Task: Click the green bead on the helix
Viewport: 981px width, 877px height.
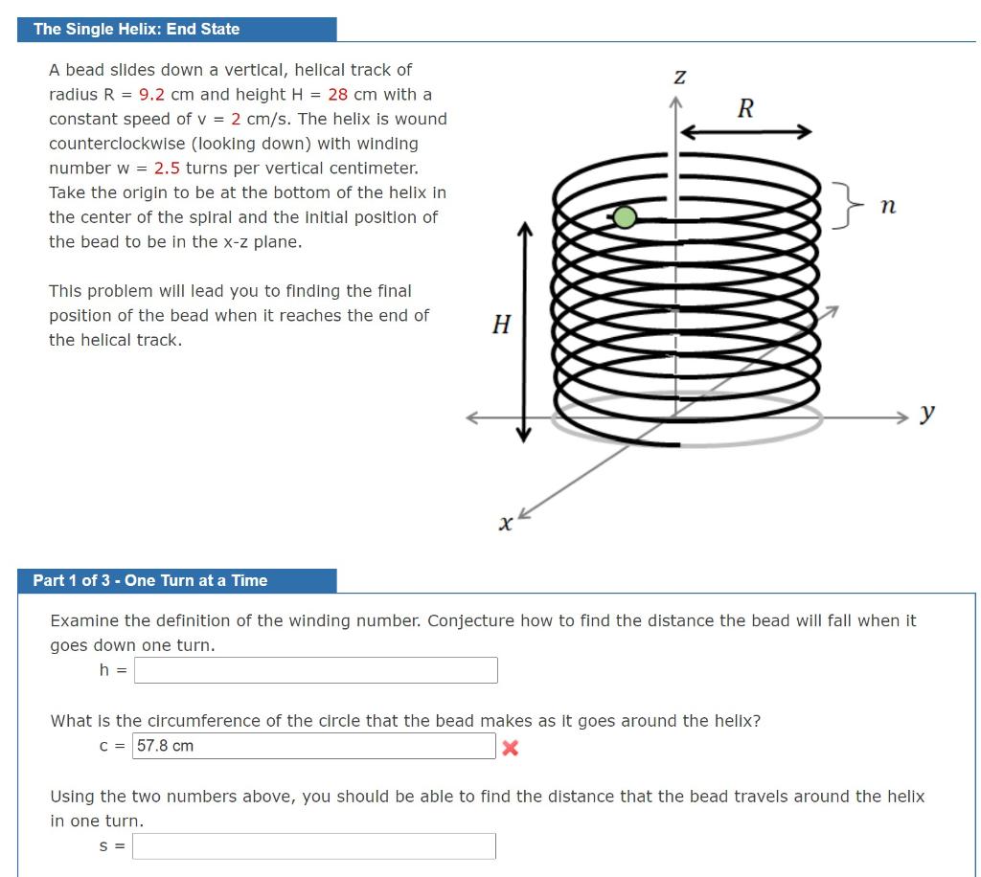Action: [x=625, y=217]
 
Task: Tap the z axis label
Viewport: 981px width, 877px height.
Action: [x=679, y=76]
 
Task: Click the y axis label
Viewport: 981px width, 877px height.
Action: [x=926, y=413]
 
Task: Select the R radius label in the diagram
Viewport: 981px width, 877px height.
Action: [x=744, y=107]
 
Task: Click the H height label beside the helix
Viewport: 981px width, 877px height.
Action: [x=500, y=325]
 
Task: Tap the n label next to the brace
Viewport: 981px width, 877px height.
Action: [x=887, y=205]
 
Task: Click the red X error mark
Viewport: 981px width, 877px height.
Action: [x=510, y=748]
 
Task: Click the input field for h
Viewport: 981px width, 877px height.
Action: [x=315, y=670]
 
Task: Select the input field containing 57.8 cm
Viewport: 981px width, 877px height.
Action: [x=313, y=746]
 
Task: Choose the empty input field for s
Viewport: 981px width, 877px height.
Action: [x=313, y=845]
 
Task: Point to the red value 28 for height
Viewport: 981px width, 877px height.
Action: [x=337, y=94]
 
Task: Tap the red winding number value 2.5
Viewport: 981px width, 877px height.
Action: [x=168, y=168]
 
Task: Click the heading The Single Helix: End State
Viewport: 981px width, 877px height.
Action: [x=137, y=29]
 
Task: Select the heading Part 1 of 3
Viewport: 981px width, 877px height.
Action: [x=150, y=580]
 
